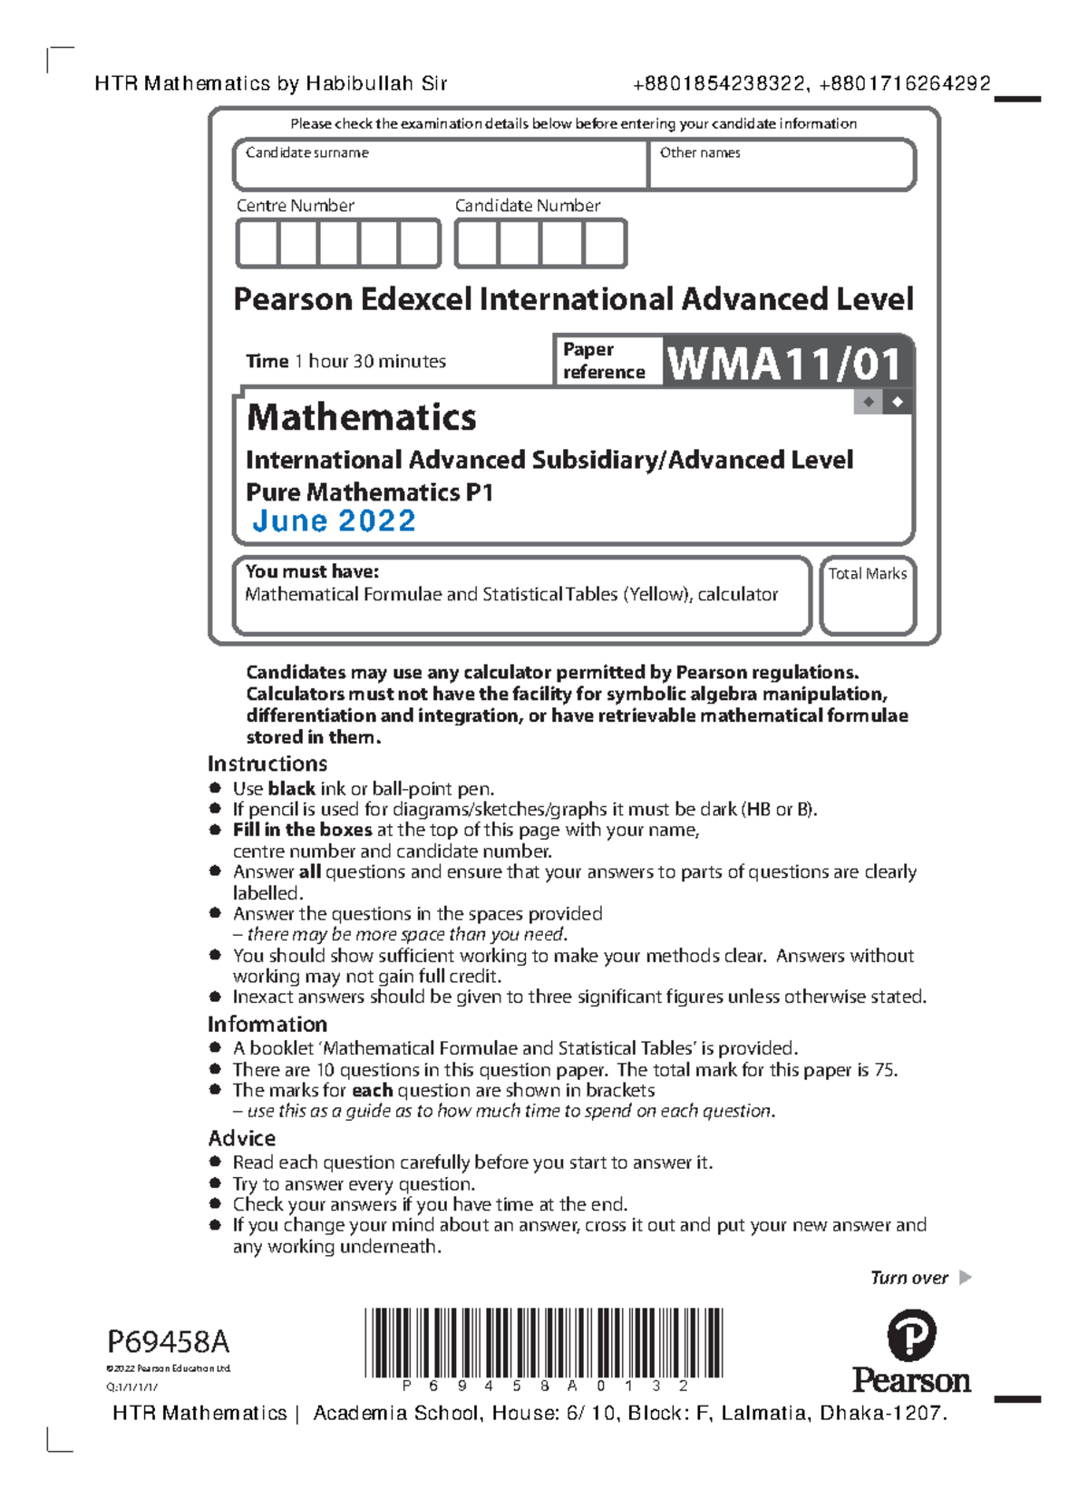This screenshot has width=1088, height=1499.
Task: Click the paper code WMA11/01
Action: (x=784, y=364)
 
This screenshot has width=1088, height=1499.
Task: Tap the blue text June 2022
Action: (x=334, y=521)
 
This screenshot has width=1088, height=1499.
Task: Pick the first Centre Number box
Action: (x=257, y=244)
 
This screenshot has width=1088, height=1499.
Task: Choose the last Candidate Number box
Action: (x=604, y=244)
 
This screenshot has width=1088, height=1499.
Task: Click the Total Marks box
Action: (x=868, y=603)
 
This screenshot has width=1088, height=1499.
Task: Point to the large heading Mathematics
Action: (x=361, y=417)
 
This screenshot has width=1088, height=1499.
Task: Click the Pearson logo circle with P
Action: (x=910, y=1334)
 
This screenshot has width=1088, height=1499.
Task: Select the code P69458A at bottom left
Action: (x=169, y=1341)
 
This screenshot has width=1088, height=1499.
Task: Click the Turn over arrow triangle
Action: (x=965, y=1277)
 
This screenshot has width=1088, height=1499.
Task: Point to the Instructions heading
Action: (x=267, y=764)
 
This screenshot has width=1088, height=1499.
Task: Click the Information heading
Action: (x=267, y=1024)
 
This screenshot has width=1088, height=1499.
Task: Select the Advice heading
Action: (x=242, y=1138)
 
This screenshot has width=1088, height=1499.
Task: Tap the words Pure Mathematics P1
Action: (x=369, y=492)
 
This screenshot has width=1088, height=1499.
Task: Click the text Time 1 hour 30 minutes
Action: (x=345, y=361)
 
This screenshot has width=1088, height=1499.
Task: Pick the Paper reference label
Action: (x=603, y=361)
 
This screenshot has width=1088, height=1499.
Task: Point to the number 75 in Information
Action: (x=884, y=1070)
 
